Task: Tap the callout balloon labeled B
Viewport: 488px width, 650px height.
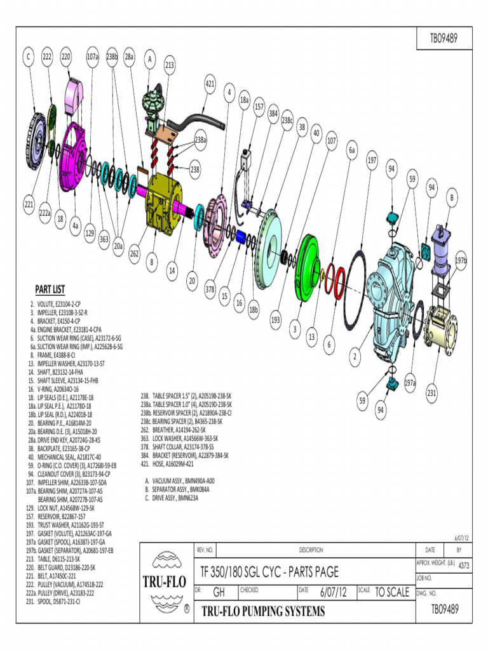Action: point(452,199)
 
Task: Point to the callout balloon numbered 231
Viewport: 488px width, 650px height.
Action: point(431,393)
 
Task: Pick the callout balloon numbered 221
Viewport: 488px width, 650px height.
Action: point(29,204)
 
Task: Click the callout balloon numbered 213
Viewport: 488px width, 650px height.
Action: point(170,65)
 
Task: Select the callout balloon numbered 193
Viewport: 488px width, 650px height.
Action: point(275,320)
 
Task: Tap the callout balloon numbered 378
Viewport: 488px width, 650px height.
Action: point(210,289)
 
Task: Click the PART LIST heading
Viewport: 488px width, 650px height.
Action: point(50,289)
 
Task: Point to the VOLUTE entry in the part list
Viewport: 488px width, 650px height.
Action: point(58,305)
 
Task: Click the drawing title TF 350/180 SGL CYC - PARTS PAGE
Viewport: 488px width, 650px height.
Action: point(270,571)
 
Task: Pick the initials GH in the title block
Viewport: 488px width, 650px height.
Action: point(220,592)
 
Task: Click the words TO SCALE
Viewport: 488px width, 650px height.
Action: point(391,592)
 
